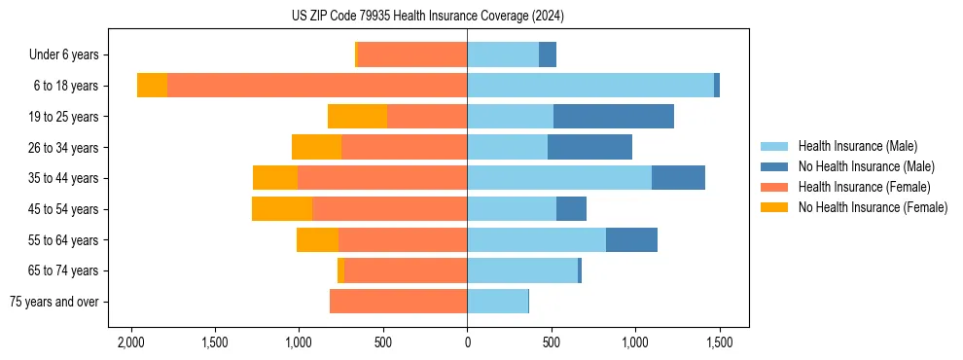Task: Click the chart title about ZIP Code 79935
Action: pos(428,16)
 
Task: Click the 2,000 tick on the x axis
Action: pos(130,342)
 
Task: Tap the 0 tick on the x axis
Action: pos(467,342)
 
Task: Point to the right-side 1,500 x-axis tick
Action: pos(719,342)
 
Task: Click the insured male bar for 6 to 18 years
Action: pos(590,86)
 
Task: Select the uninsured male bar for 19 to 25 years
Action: pos(614,117)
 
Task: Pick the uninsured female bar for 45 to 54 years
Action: pos(282,209)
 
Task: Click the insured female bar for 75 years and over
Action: pos(399,302)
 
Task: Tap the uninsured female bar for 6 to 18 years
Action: pos(152,86)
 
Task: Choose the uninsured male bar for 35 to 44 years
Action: pos(678,178)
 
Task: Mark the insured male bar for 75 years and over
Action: pos(497,302)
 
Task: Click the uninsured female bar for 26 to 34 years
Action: pos(316,147)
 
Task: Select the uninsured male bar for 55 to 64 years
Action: pos(631,239)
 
